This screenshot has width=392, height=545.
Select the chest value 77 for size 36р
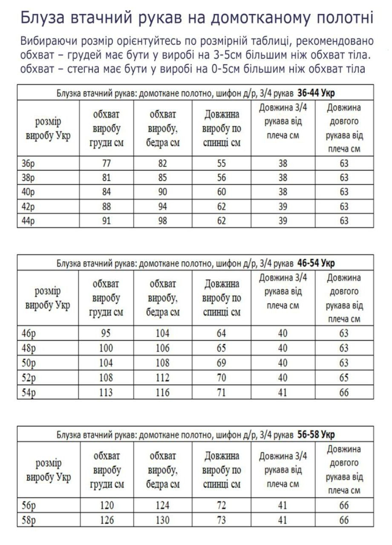[106, 163]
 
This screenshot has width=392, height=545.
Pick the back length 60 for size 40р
[221, 192]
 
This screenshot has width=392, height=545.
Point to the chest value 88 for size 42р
[106, 207]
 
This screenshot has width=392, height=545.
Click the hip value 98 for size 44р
[162, 221]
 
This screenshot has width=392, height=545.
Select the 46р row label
[28, 333]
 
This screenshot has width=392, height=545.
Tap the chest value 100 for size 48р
[106, 348]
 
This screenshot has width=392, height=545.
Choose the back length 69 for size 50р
[221, 363]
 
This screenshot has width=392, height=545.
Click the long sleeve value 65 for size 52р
[344, 378]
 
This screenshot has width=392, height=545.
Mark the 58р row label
[28, 520]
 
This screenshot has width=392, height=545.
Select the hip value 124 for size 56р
[162, 505]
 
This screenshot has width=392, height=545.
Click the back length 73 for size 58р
[221, 520]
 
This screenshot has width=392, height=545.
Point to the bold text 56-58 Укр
[316, 435]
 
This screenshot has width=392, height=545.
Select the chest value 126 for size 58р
[106, 520]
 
